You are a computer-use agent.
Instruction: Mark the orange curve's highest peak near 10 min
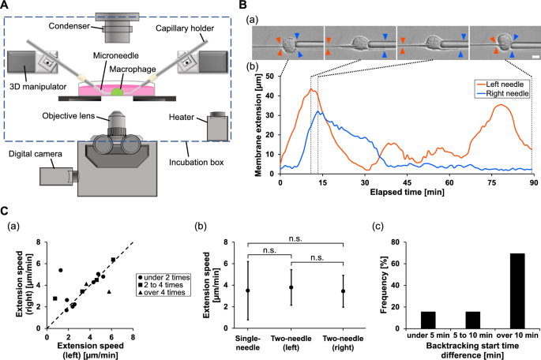tap(311, 89)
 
